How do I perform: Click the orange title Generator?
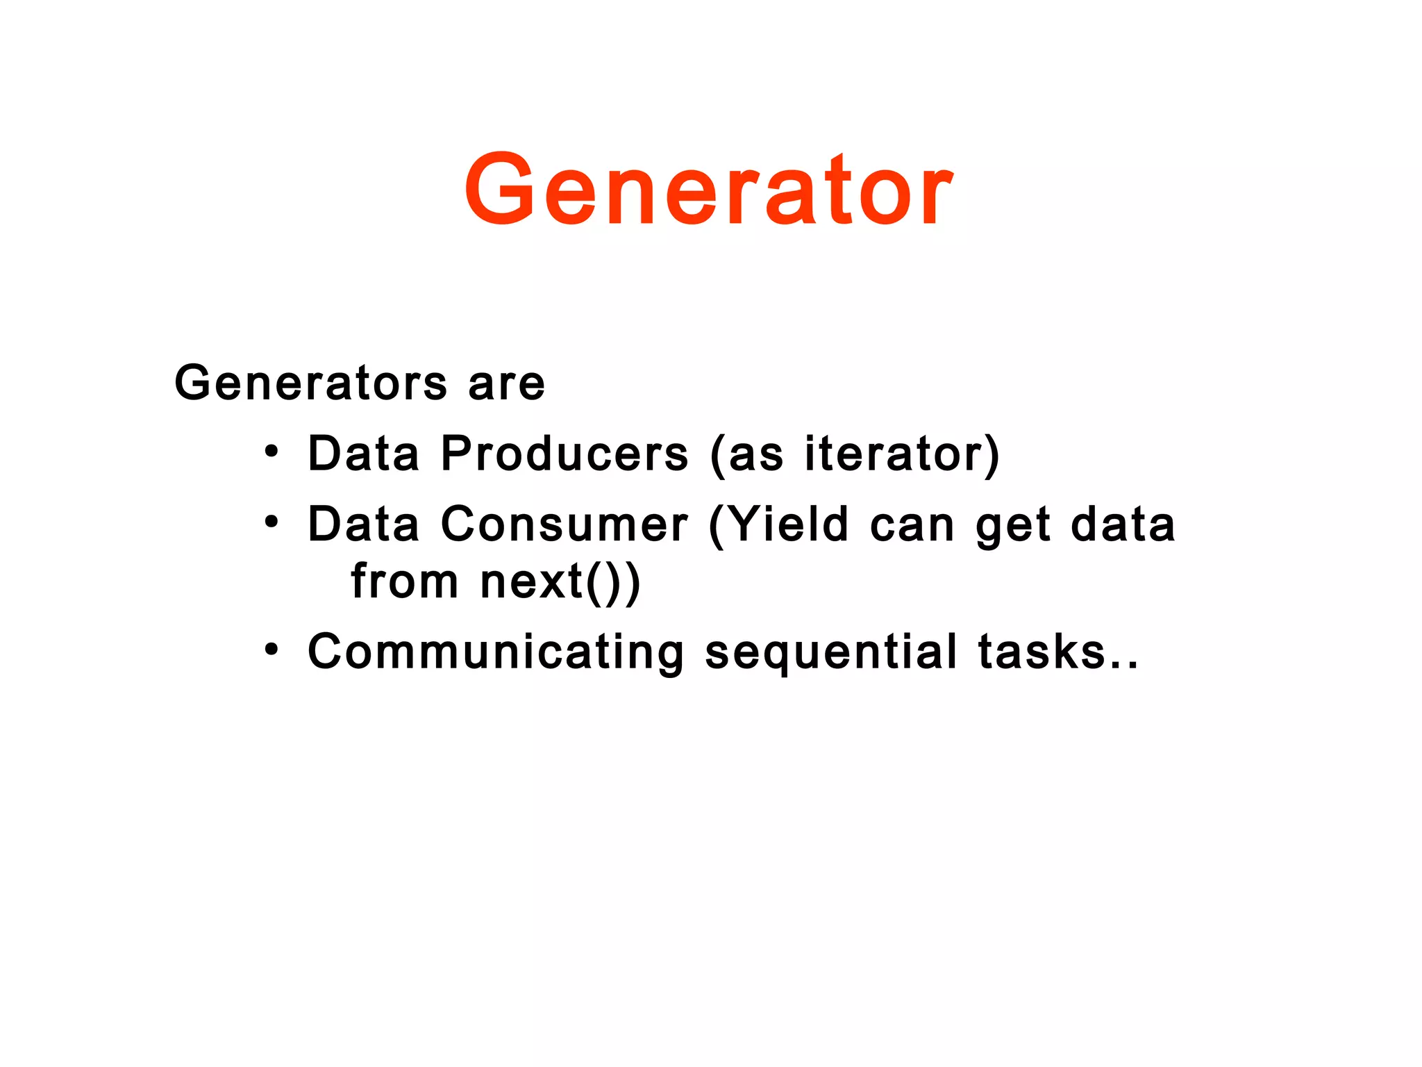pyautogui.click(x=709, y=189)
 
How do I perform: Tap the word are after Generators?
pyautogui.click(x=507, y=384)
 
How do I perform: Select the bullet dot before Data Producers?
pyautogui.click(x=271, y=453)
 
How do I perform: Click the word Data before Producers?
pyautogui.click(x=364, y=454)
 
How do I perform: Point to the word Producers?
pyautogui.click(x=564, y=454)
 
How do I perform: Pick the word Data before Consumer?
pyautogui.click(x=364, y=524)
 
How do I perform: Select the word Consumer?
pyautogui.click(x=564, y=524)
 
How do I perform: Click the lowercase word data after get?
pyautogui.click(x=1123, y=524)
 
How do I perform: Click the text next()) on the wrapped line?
pyautogui.click(x=560, y=582)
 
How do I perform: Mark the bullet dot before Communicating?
pyautogui.click(x=271, y=650)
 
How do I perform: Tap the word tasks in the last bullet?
pyautogui.click(x=1042, y=652)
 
